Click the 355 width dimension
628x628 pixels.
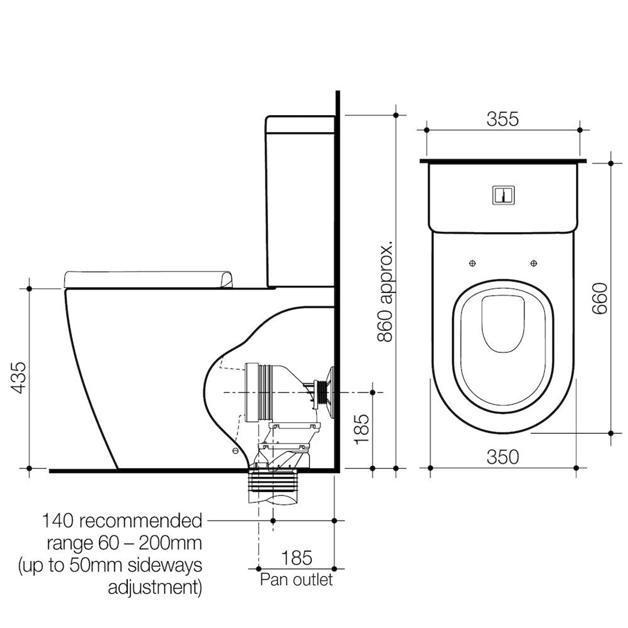point(502,119)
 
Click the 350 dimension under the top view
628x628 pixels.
point(502,457)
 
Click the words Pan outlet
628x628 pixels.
point(297,580)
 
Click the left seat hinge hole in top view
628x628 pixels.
point(472,263)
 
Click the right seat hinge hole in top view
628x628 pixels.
point(534,263)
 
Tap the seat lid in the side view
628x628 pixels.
point(150,279)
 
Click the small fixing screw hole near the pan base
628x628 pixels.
point(234,451)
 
